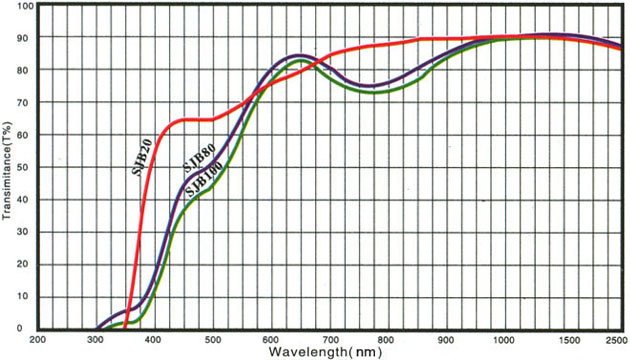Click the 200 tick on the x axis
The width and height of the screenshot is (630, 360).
(x=39, y=340)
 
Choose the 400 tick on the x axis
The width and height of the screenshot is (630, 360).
(x=154, y=340)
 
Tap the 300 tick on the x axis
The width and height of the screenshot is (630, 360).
(x=97, y=340)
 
